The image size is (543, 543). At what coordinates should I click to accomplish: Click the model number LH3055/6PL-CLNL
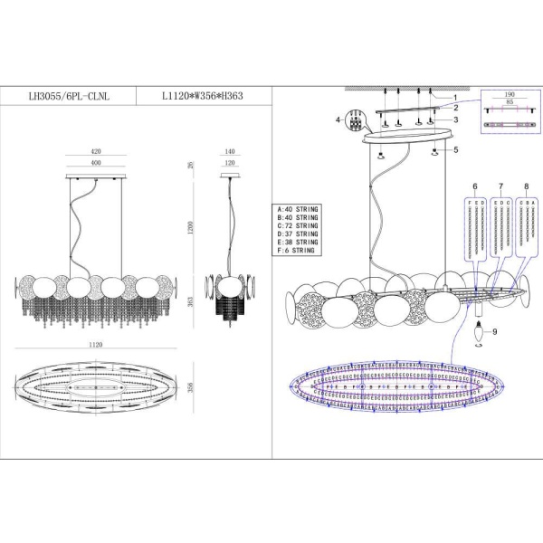(71, 92)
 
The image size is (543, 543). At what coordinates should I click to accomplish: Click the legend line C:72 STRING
(298, 226)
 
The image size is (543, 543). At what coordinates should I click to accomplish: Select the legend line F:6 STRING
(296, 251)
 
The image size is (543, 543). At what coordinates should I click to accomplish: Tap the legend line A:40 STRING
(298, 210)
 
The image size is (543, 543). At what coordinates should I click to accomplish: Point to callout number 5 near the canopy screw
(456, 149)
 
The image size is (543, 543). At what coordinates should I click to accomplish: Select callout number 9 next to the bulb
(495, 331)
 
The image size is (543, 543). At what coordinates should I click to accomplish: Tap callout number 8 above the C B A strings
(526, 186)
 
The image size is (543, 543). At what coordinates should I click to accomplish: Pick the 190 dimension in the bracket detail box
(509, 93)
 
